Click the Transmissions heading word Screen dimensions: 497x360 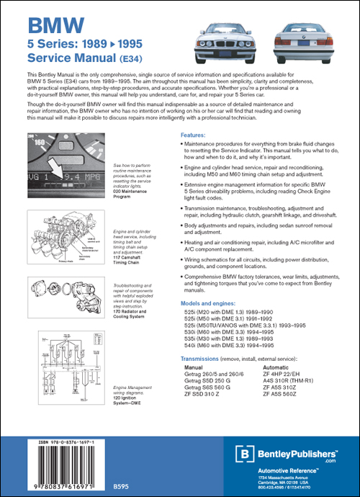click(x=202, y=358)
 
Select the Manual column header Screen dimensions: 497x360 click(x=197, y=367)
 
